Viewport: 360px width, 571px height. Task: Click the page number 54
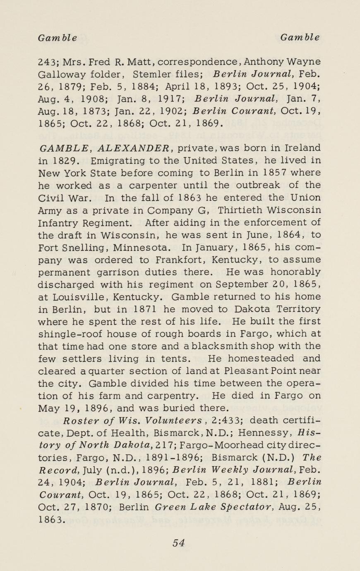coord(179,543)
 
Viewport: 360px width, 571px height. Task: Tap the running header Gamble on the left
coord(57,38)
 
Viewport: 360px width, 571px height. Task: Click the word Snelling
coord(81,247)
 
